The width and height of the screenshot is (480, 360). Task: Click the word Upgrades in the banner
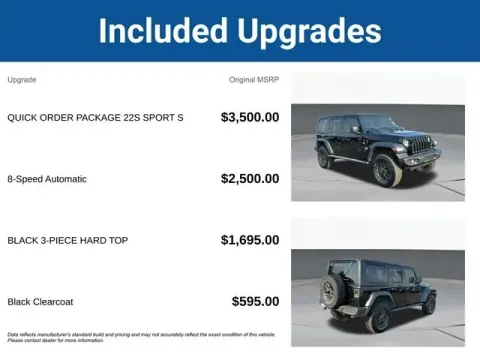click(310, 31)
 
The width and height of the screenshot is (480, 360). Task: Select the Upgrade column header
click(22, 79)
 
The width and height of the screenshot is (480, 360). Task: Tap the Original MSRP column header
click(254, 79)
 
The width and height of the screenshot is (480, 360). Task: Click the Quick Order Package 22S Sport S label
click(95, 118)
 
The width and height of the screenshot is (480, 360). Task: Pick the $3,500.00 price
click(250, 118)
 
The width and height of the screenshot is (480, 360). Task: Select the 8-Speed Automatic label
click(47, 179)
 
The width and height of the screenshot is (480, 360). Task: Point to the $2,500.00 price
click(250, 179)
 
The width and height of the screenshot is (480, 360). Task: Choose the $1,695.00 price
click(250, 240)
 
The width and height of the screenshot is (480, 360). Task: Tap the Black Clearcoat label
click(40, 301)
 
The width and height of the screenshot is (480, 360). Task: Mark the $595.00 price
click(255, 301)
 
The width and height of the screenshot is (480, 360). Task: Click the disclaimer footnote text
click(140, 337)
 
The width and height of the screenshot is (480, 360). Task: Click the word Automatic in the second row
click(65, 179)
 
